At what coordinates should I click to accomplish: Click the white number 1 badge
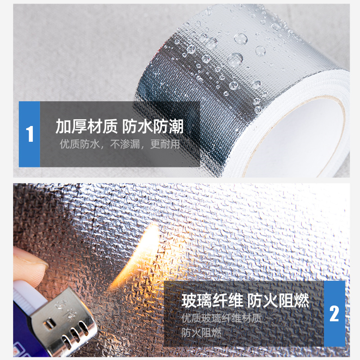pyautogui.click(x=30, y=134)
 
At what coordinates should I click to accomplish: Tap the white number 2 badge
pyautogui.click(x=334, y=313)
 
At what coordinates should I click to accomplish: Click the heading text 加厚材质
pyautogui.click(x=86, y=126)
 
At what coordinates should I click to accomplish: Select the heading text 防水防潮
pyautogui.click(x=153, y=126)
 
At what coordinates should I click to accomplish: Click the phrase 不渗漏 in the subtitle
pyautogui.click(x=125, y=144)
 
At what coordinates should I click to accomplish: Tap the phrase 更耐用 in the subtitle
pyautogui.click(x=165, y=144)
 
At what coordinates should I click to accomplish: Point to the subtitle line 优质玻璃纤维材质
pyautogui.click(x=221, y=319)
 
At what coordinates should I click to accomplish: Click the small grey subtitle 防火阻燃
pyautogui.click(x=201, y=333)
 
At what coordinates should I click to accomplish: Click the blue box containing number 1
pyautogui.click(x=29, y=134)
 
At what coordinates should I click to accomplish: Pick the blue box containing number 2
pyautogui.click(x=334, y=313)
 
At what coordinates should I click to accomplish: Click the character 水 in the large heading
pyautogui.click(x=145, y=126)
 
